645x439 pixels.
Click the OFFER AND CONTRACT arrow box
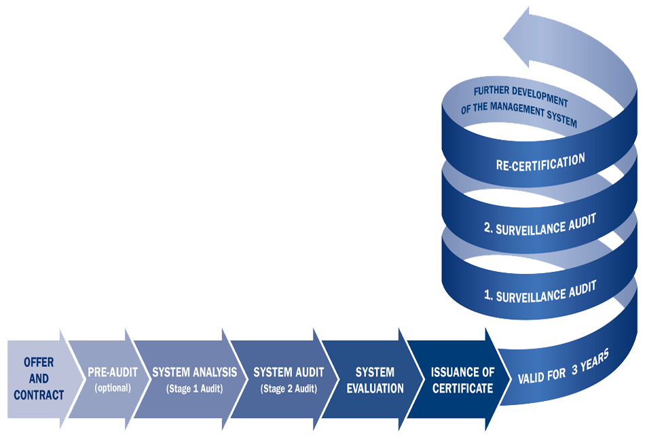38,379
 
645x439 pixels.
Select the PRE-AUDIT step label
112,372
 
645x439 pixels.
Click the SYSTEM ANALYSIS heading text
194,372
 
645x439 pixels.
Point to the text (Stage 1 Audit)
194,389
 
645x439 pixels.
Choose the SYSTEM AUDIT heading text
289,372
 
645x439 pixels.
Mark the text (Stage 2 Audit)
289,389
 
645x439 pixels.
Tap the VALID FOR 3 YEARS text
564,367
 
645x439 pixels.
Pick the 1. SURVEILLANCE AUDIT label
540,292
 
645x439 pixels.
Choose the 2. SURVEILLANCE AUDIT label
540,225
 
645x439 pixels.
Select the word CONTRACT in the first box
38,395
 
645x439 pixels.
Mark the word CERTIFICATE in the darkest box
462,389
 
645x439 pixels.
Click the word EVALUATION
375,389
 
